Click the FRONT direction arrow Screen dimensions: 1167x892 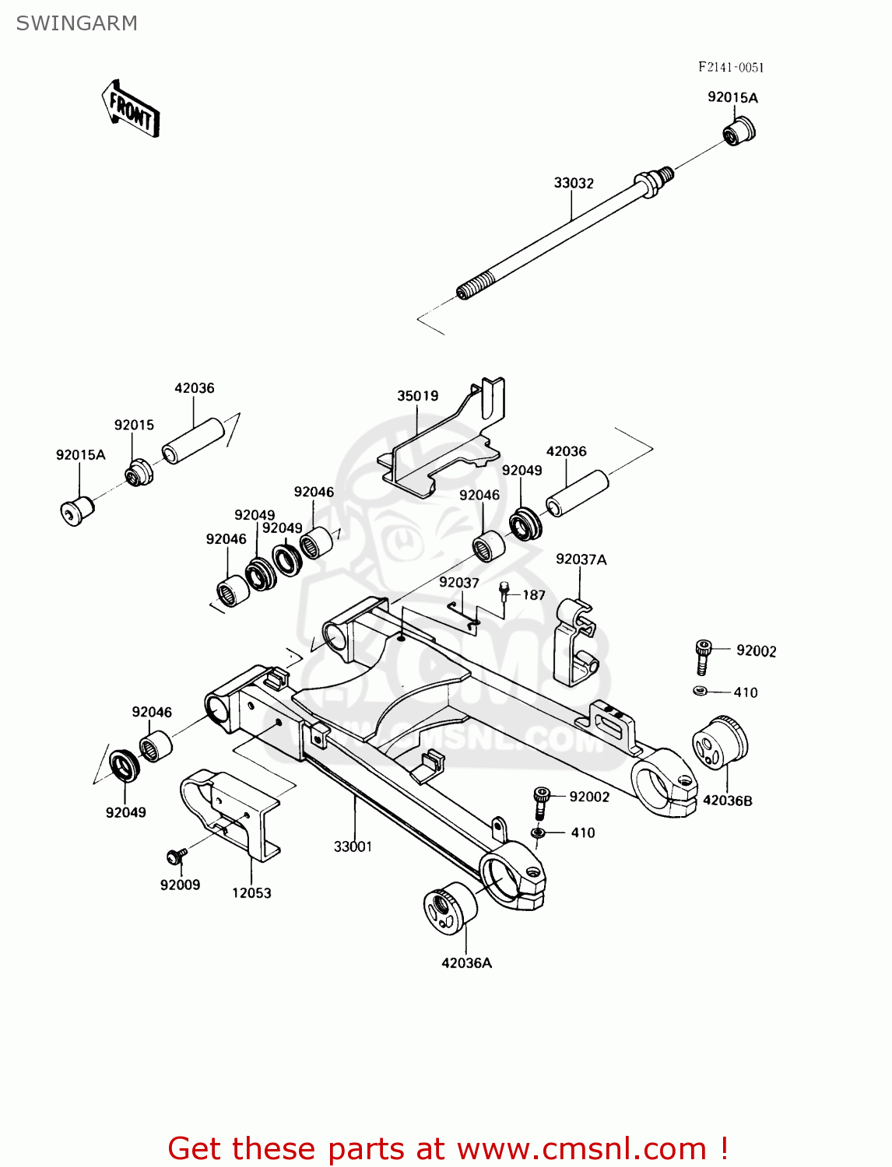tap(131, 110)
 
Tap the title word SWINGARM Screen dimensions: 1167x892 tap(76, 23)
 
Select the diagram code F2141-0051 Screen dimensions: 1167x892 tap(730, 68)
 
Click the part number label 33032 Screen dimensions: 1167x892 tap(574, 183)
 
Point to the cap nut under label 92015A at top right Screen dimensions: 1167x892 tap(739, 131)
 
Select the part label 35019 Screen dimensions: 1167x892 tap(418, 395)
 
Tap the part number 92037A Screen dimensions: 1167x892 tap(581, 559)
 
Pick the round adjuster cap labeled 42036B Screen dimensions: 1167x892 tap(719, 742)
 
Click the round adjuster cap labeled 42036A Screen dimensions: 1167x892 tap(450, 908)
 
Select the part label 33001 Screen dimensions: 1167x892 tap(353, 846)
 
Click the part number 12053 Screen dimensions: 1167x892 tap(251, 893)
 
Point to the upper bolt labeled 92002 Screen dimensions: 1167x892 tap(702, 656)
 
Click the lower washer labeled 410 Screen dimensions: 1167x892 tap(538, 833)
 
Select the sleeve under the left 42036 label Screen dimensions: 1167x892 tap(192, 441)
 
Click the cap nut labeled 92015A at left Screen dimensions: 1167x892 tap(76, 510)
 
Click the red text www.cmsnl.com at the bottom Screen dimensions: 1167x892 tap(581, 1148)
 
